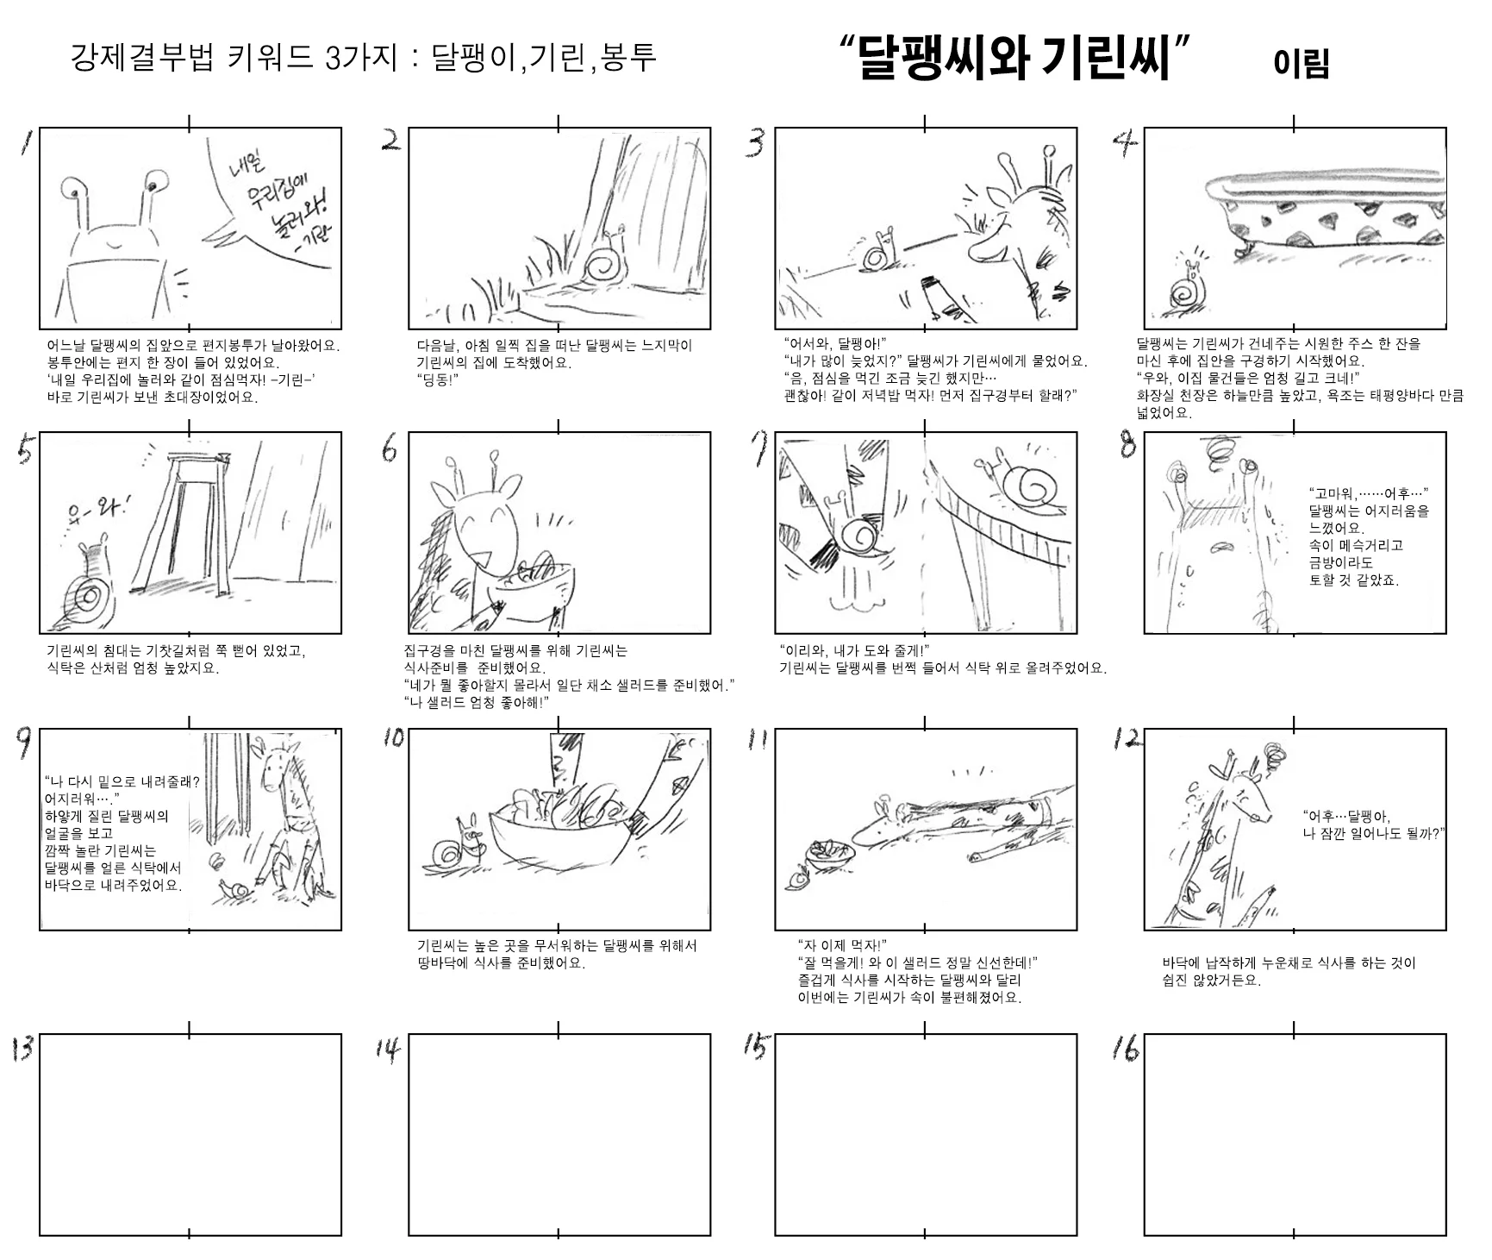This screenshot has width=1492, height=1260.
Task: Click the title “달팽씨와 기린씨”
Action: click(1014, 59)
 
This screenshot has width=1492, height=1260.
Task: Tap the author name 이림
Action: click(1301, 63)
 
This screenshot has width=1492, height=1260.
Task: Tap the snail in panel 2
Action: click(604, 261)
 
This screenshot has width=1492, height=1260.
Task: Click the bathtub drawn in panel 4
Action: click(1324, 212)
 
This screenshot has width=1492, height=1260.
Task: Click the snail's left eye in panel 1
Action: click(70, 186)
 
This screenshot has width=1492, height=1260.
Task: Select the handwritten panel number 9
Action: click(26, 743)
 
